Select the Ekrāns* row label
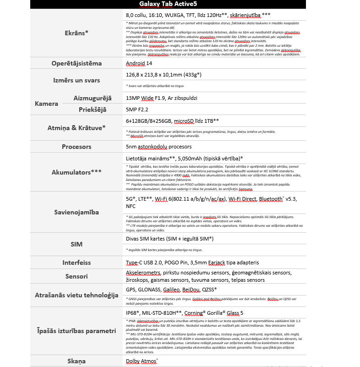pyautogui.click(x=76, y=33)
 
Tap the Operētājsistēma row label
pyautogui.click(x=76, y=63)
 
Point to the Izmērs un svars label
pyautogui.click(x=76, y=80)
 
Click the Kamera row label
pyautogui.click(x=46, y=104)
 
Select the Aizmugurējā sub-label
pyautogui.click(x=93, y=98)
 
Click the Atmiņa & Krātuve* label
pyautogui.click(x=76, y=128)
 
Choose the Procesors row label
pyautogui.click(x=76, y=147)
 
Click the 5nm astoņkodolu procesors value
pyautogui.click(x=158, y=147)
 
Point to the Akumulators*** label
pyautogui.click(x=76, y=172)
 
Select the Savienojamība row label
pyautogui.click(x=76, y=212)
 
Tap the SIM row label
pyautogui.click(x=76, y=244)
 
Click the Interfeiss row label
pyautogui.click(x=76, y=263)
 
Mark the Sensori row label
pyautogui.click(x=76, y=276)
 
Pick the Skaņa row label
pyautogui.click(x=76, y=361)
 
